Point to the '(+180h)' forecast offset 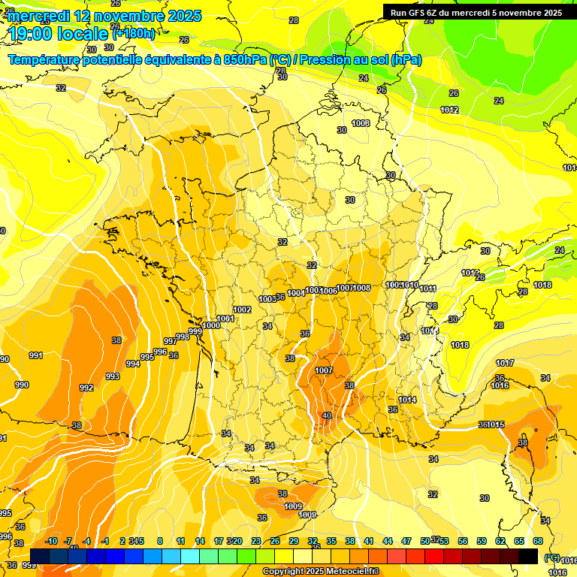pyautogui.click(x=134, y=33)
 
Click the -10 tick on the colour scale pyautogui.click(x=51, y=541)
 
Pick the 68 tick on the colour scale pyautogui.click(x=538, y=541)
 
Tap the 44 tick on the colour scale pyautogui.click(x=388, y=541)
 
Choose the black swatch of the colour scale pyautogui.click(x=528, y=556)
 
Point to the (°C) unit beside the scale pyautogui.click(x=552, y=557)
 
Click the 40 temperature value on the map pyautogui.click(x=327, y=415)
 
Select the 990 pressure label pyautogui.click(x=22, y=385)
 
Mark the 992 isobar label pyautogui.click(x=86, y=388)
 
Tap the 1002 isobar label pyautogui.click(x=242, y=310)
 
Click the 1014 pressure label pyautogui.click(x=407, y=400)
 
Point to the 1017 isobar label pyautogui.click(x=505, y=364)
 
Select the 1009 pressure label pyautogui.click(x=293, y=506)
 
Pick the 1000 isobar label pyautogui.click(x=212, y=325)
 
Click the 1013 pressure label pyautogui.click(x=430, y=331)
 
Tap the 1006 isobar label pyautogui.click(x=328, y=291)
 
